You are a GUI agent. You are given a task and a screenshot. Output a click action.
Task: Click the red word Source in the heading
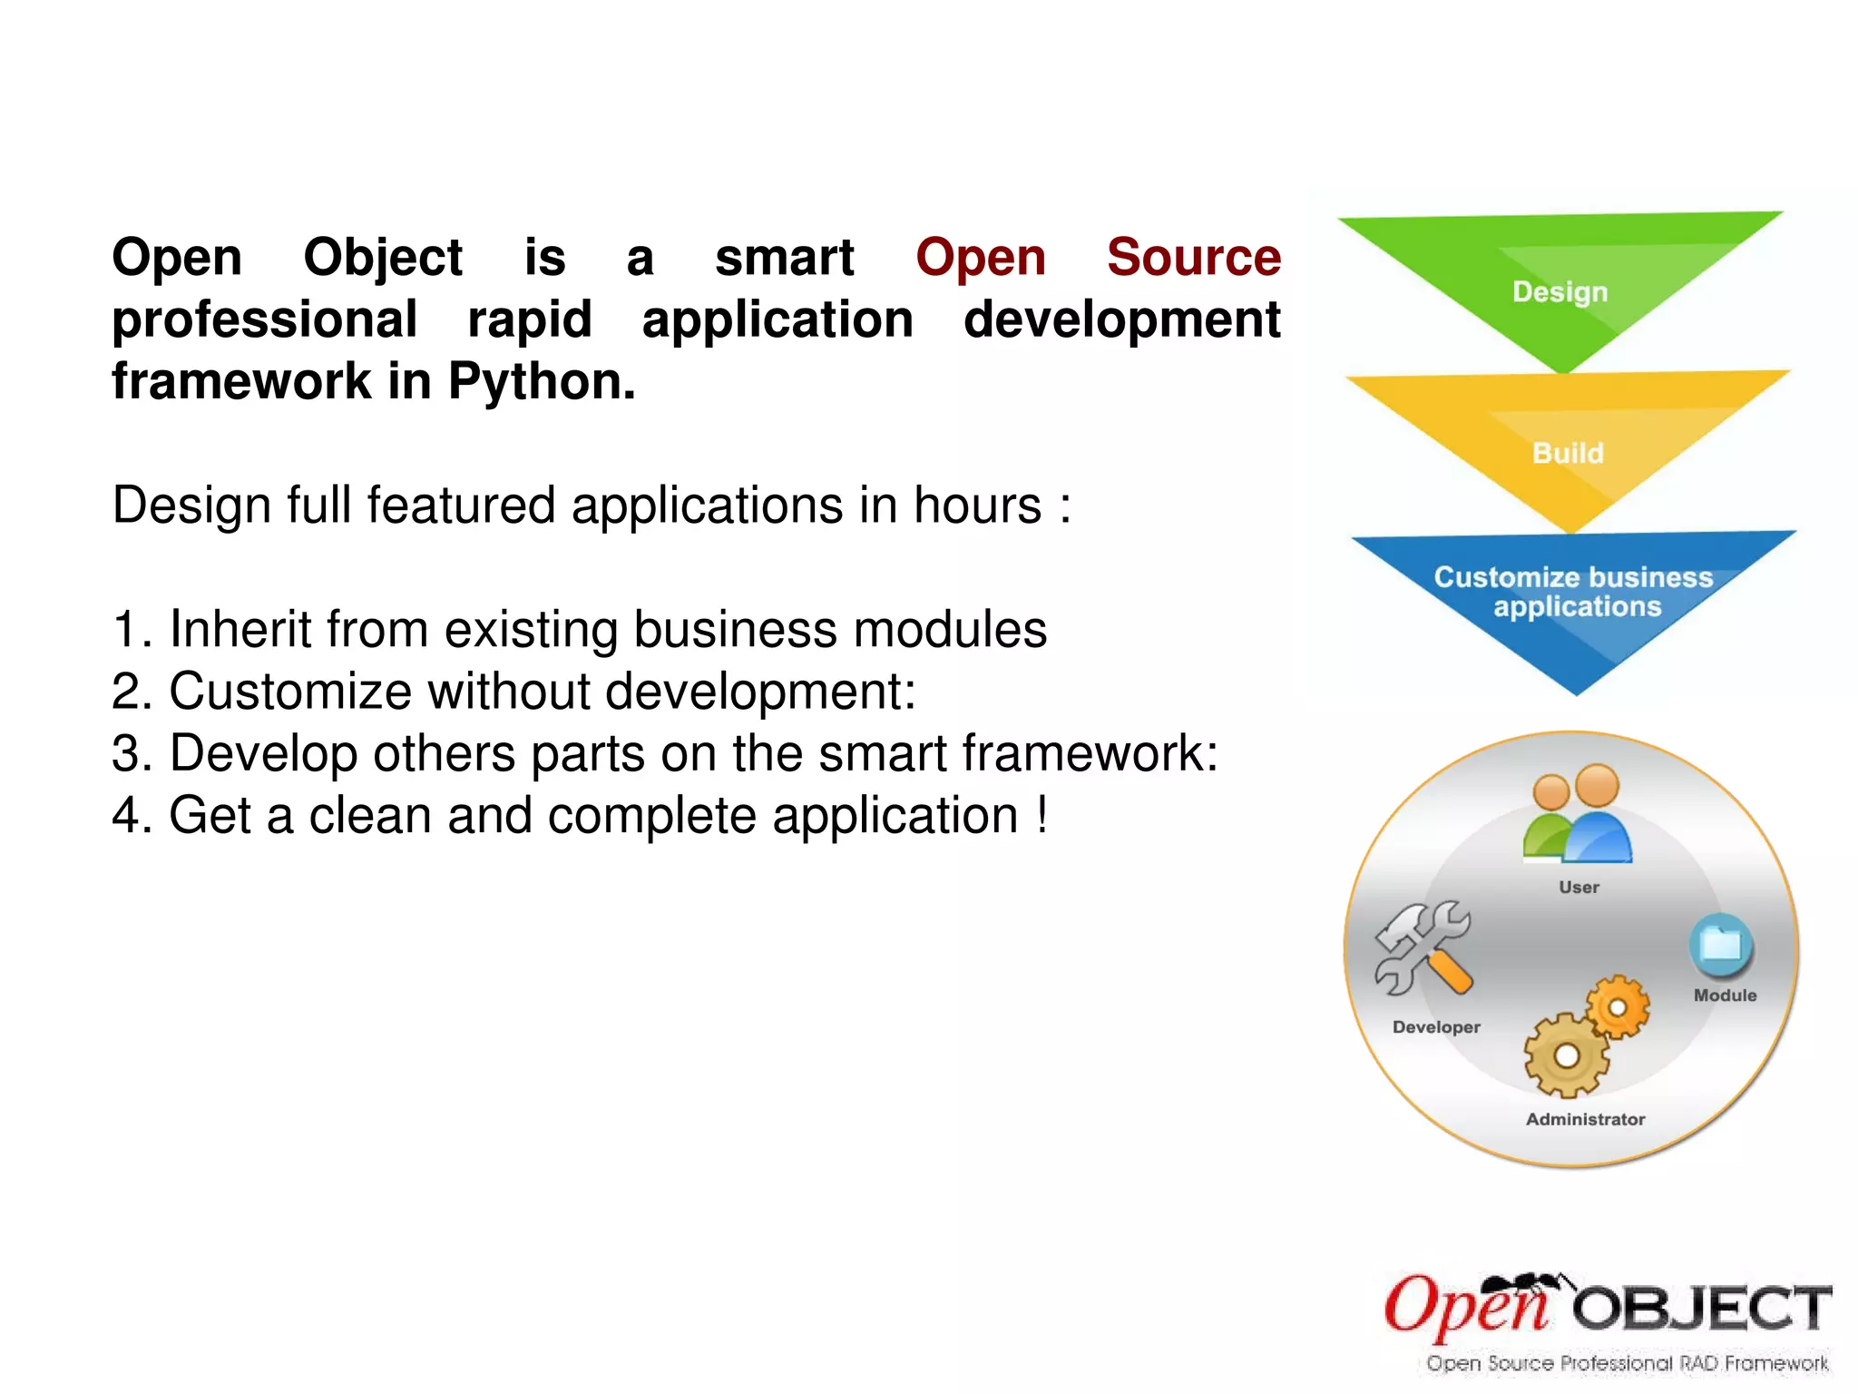1193,258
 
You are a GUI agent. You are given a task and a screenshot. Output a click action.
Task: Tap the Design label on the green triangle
1560,292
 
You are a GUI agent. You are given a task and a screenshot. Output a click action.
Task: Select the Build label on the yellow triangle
1568,453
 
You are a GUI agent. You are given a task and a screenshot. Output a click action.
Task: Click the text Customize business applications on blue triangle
1575,592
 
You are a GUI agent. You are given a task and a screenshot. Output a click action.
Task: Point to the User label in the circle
1579,888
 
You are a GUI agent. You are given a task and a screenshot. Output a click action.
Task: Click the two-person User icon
1577,815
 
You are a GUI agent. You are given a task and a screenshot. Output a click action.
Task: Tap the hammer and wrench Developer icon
1422,949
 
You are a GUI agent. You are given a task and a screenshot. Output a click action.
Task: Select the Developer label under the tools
1436,1027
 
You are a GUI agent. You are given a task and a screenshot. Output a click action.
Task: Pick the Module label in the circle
1725,996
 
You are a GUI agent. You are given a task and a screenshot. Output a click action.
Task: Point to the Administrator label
1585,1120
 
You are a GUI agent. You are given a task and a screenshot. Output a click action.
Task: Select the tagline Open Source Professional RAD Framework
1627,1363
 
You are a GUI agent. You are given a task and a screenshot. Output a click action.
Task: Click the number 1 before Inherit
127,630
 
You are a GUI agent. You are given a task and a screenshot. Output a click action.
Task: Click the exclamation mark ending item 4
1042,814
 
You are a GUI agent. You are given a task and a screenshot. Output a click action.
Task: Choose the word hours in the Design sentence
977,506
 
